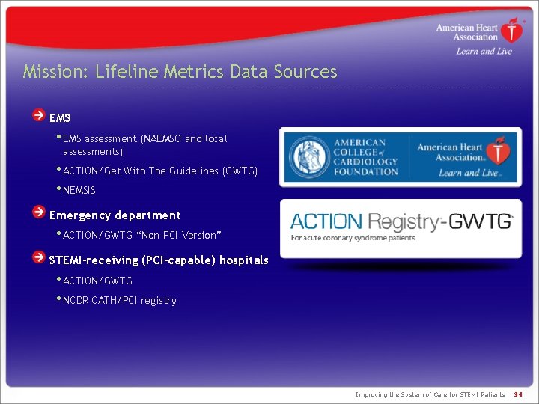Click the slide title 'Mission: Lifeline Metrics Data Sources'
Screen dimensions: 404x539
click(x=180, y=72)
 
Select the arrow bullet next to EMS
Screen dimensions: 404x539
click(x=38, y=116)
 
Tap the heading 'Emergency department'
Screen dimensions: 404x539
click(x=115, y=215)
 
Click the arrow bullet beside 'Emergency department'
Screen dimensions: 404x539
click(x=38, y=213)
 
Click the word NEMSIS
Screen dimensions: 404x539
click(x=79, y=191)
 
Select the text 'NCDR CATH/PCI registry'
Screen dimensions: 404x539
click(x=120, y=301)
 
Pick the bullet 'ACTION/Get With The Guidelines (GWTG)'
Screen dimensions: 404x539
click(x=160, y=171)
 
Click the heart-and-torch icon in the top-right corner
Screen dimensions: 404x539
click(x=512, y=31)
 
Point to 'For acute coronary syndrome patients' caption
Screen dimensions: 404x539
click(x=353, y=239)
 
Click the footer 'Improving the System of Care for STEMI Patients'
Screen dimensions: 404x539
click(x=430, y=394)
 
